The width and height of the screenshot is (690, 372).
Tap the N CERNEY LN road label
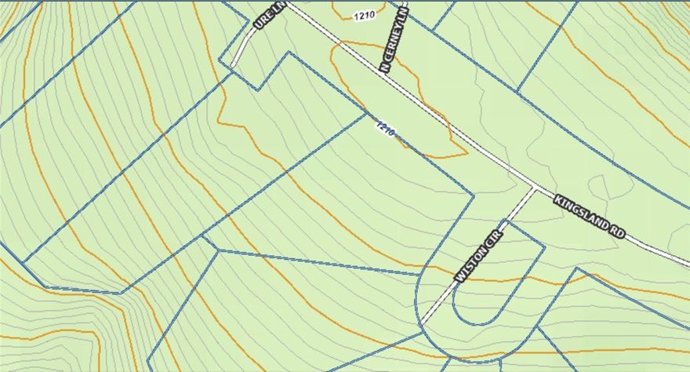pos(394,41)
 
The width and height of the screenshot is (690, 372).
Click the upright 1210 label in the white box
pos(363,15)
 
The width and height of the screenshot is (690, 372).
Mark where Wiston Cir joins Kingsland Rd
pos(535,188)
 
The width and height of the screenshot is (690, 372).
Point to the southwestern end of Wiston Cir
pos(421,322)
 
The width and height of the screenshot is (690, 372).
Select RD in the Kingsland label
pos(618,230)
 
